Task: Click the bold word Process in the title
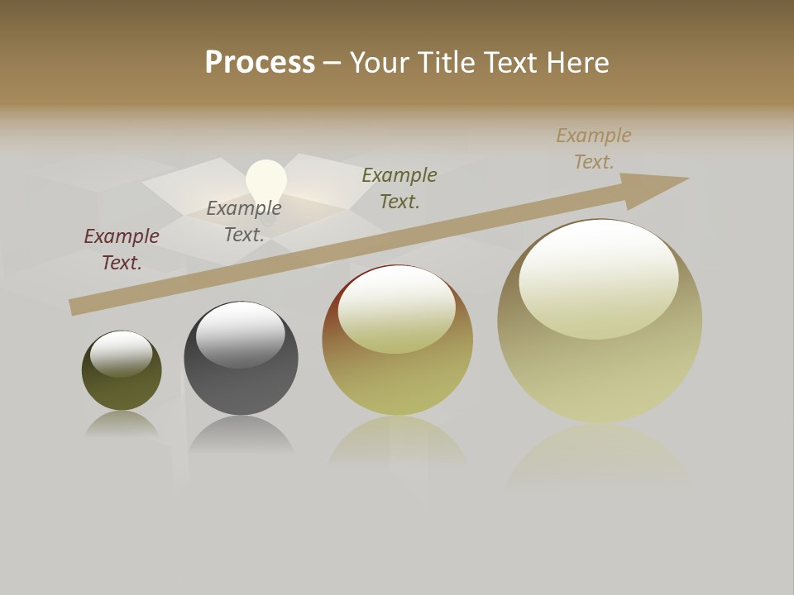[260, 63]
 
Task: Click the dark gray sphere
[241, 380]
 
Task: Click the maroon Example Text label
[122, 249]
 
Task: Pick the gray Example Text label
[244, 221]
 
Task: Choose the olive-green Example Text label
[399, 188]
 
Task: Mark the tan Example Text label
[594, 148]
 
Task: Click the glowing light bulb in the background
[266, 179]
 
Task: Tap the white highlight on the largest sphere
[598, 277]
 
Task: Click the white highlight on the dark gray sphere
[240, 333]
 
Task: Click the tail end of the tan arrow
[79, 306]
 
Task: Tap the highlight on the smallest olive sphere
[121, 352]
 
